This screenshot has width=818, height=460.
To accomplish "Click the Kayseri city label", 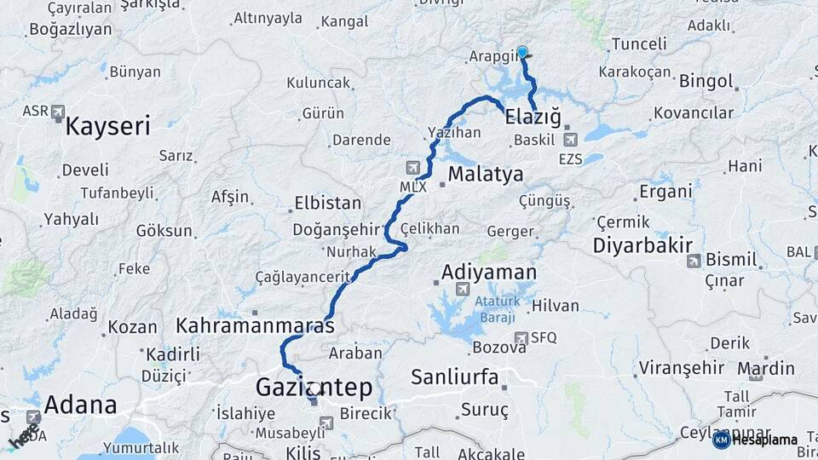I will (108, 127).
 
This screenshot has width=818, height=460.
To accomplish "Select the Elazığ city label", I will (533, 116).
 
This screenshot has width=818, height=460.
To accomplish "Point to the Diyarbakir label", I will (643, 245).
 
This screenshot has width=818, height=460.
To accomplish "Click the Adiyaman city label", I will (489, 273).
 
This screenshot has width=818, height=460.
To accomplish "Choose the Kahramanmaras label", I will (255, 325).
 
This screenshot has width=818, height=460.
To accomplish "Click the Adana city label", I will (80, 404).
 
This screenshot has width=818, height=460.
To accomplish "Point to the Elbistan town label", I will (327, 204).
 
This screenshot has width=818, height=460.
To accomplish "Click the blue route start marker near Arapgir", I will (522, 52).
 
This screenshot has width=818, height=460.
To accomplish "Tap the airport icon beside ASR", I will (58, 111).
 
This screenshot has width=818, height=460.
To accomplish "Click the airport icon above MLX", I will (413, 167).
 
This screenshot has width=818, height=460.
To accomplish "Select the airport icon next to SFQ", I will (521, 337).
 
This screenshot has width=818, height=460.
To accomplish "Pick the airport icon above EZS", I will (569, 139).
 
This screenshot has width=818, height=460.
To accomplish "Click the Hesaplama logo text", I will (763, 440).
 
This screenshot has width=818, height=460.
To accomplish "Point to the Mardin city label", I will (766, 369).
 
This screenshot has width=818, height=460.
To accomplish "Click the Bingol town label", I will (706, 81).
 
